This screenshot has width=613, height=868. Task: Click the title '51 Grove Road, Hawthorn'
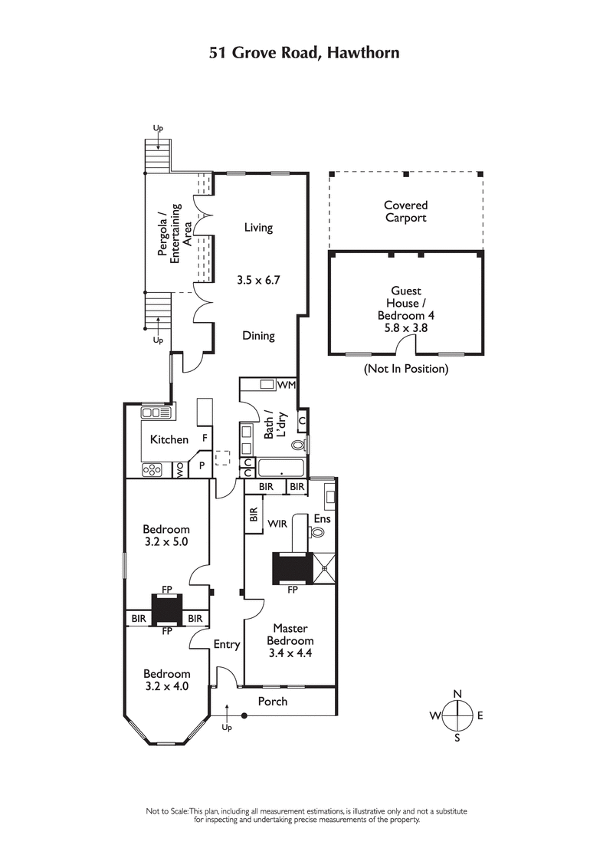click(x=305, y=53)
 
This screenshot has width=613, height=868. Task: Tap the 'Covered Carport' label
click(x=405, y=212)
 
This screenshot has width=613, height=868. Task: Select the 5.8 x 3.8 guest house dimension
click(x=405, y=327)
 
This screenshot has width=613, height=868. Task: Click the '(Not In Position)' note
click(x=405, y=369)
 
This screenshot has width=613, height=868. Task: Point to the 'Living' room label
click(x=258, y=228)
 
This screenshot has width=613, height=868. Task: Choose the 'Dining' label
click(x=258, y=336)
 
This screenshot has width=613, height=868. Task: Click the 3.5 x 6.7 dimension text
click(x=258, y=280)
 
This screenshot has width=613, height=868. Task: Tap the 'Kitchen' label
click(x=169, y=439)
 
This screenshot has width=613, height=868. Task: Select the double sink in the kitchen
click(x=156, y=413)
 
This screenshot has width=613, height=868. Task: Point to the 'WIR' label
click(x=277, y=524)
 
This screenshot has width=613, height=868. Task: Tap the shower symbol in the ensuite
click(x=326, y=568)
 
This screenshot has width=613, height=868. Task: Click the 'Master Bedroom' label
click(x=289, y=634)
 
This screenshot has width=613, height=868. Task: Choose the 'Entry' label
click(x=227, y=645)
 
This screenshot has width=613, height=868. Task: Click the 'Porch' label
click(x=272, y=701)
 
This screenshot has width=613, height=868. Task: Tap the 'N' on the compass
click(x=457, y=694)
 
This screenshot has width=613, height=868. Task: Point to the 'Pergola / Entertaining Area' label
click(x=169, y=234)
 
